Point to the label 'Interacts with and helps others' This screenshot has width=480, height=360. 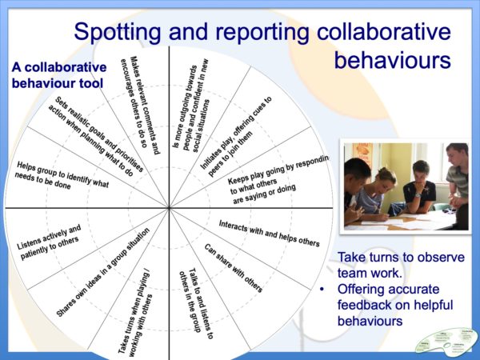click(x=269, y=232)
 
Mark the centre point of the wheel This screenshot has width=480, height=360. click(x=169, y=208)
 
